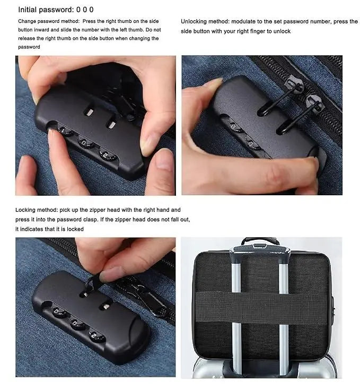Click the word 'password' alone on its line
click(x=29, y=47)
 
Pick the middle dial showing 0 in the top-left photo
click(x=84, y=143)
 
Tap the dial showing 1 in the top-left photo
click(x=64, y=131)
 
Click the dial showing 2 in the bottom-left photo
click(x=96, y=335)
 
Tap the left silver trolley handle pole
click(x=236, y=314)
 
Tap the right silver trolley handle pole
click(x=283, y=314)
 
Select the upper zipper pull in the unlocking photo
click(x=295, y=84)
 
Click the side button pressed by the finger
click(x=321, y=159)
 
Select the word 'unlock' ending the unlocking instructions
click(x=282, y=31)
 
